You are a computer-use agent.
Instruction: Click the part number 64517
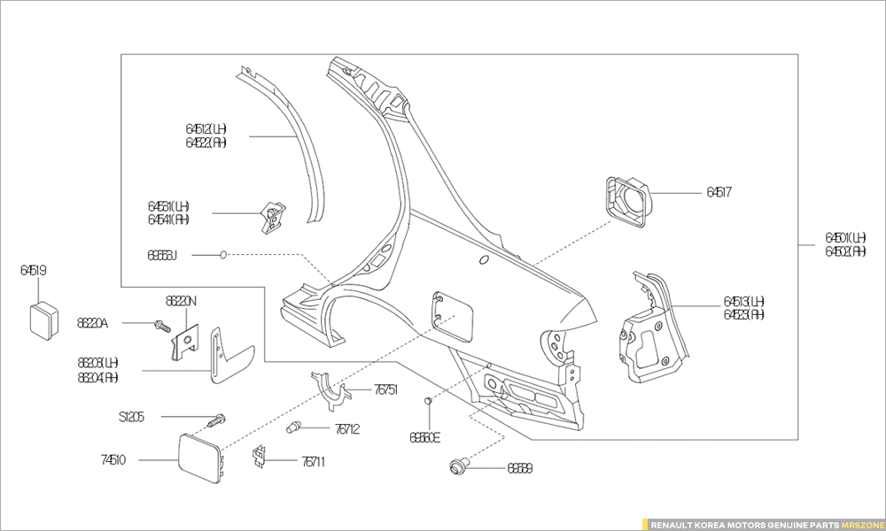719,192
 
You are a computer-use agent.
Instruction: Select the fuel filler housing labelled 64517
628,201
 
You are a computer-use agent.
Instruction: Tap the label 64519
34,270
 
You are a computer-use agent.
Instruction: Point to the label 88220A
92,324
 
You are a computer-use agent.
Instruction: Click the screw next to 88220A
161,326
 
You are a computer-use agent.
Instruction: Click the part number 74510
113,460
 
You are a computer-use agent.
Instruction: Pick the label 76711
313,460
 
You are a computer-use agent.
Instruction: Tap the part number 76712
347,429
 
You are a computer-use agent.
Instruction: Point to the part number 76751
385,389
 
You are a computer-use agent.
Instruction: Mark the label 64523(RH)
744,314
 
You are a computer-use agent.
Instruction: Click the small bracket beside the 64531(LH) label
274,215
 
